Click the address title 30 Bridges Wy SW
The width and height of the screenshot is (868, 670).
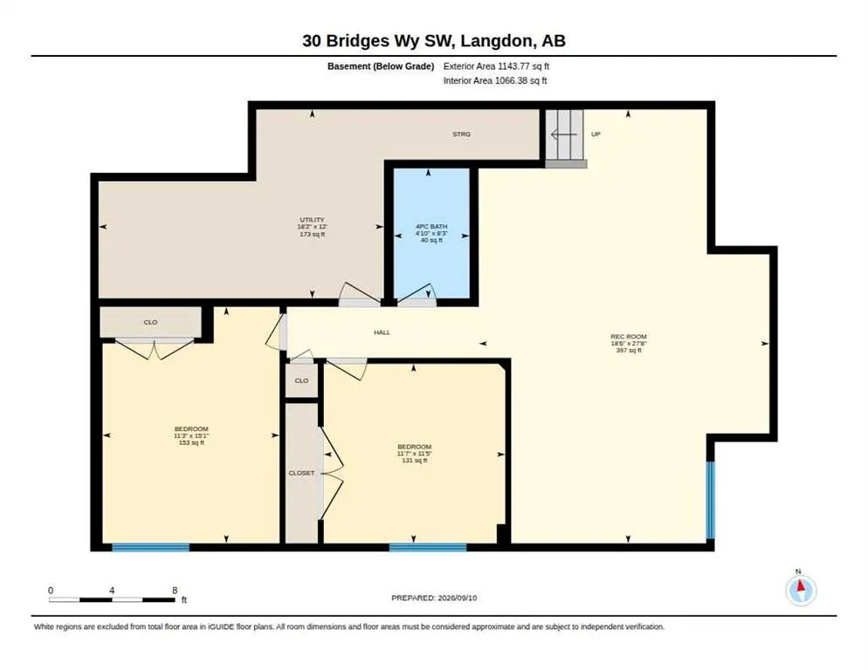379,40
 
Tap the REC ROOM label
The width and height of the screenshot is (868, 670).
629,337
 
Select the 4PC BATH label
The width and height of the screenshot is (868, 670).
431,226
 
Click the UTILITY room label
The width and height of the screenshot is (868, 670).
313,220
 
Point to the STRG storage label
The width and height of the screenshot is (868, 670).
461,133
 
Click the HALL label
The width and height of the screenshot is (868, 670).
382,332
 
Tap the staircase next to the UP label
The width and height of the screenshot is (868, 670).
565,139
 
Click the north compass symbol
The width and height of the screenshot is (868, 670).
801,590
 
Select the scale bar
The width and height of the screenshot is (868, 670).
112,599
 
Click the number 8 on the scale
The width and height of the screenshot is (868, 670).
175,591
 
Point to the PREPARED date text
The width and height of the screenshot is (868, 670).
434,598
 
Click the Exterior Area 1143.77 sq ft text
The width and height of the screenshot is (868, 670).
496,66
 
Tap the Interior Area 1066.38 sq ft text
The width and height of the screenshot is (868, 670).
495,81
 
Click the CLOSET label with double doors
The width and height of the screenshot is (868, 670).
301,473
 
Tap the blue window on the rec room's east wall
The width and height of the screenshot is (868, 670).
710,500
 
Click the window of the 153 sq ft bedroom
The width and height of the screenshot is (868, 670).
150,547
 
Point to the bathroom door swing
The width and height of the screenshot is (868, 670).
417,295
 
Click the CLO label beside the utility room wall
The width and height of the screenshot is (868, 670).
150,322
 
